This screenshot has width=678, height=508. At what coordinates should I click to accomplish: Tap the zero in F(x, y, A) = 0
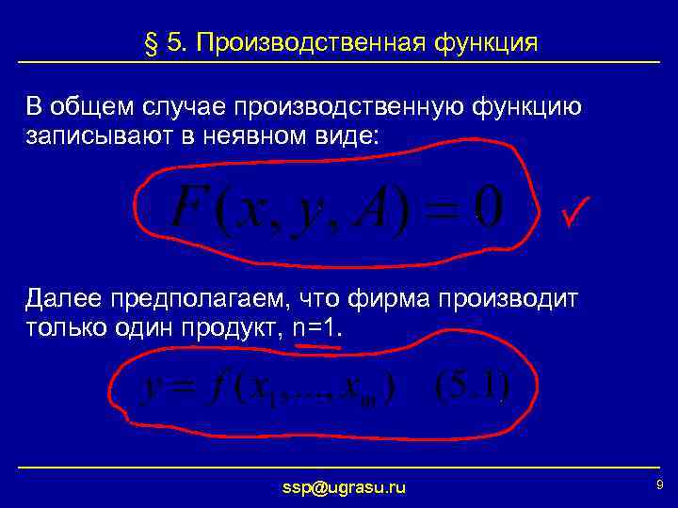click(x=489, y=204)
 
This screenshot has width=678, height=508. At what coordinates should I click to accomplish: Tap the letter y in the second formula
click(x=150, y=388)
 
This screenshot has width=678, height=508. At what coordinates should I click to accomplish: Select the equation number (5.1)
click(x=472, y=386)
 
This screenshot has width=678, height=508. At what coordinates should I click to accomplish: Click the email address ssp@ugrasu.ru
click(x=345, y=487)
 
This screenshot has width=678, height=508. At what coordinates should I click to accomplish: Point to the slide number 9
click(x=658, y=484)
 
